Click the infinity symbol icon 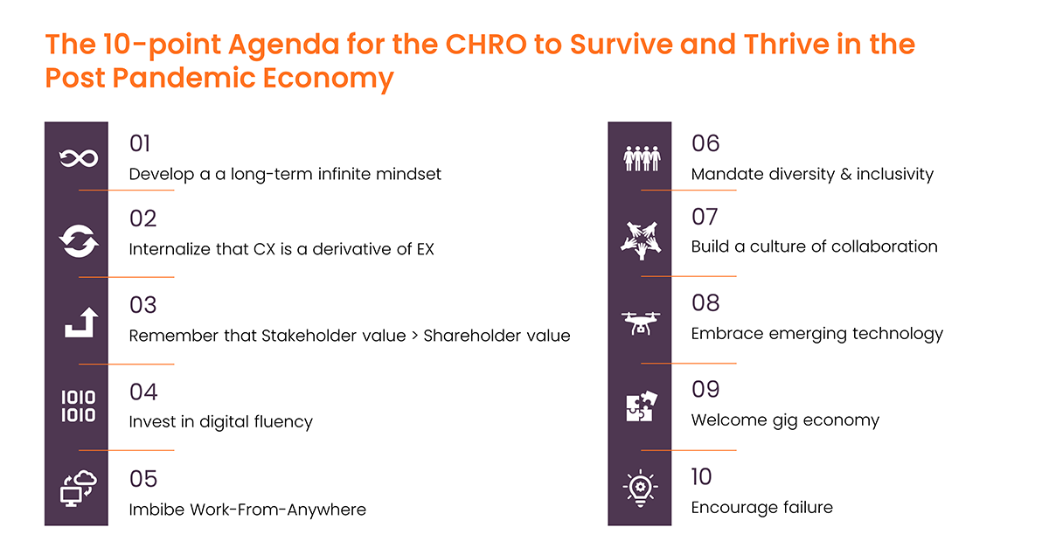tap(79, 158)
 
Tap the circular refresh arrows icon tap(79, 241)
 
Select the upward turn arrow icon tap(81, 323)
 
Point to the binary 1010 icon tap(78, 406)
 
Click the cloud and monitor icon tap(78, 489)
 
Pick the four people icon tap(642, 158)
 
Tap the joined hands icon tap(641, 240)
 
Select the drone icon tap(641, 323)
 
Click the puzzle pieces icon tap(642, 406)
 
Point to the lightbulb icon tap(640, 488)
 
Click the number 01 tap(140, 143)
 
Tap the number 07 tap(705, 217)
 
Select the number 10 tap(701, 477)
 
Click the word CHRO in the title tap(486, 45)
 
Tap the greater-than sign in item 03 tap(414, 336)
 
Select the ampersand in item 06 tap(846, 174)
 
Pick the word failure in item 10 tap(805, 507)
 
